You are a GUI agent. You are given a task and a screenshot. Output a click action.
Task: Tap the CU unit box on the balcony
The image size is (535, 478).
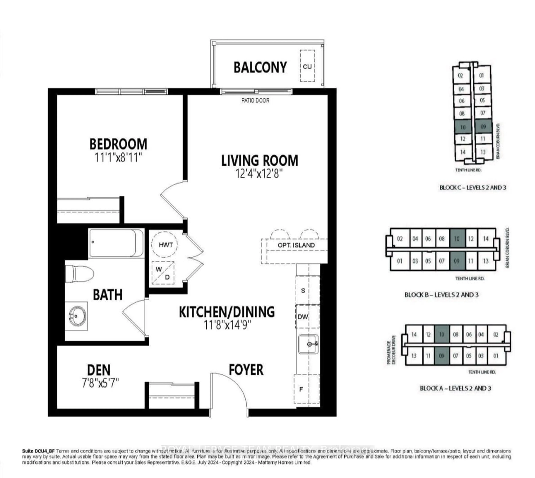coord(307,66)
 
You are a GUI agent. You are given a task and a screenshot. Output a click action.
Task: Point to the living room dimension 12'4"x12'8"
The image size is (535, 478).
coord(259,174)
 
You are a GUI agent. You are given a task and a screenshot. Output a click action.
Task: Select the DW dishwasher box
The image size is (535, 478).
coord(303,317)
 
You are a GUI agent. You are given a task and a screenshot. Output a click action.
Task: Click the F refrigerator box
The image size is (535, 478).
coord(301,389)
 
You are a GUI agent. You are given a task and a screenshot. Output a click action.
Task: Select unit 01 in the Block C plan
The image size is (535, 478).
coord(481,76)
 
